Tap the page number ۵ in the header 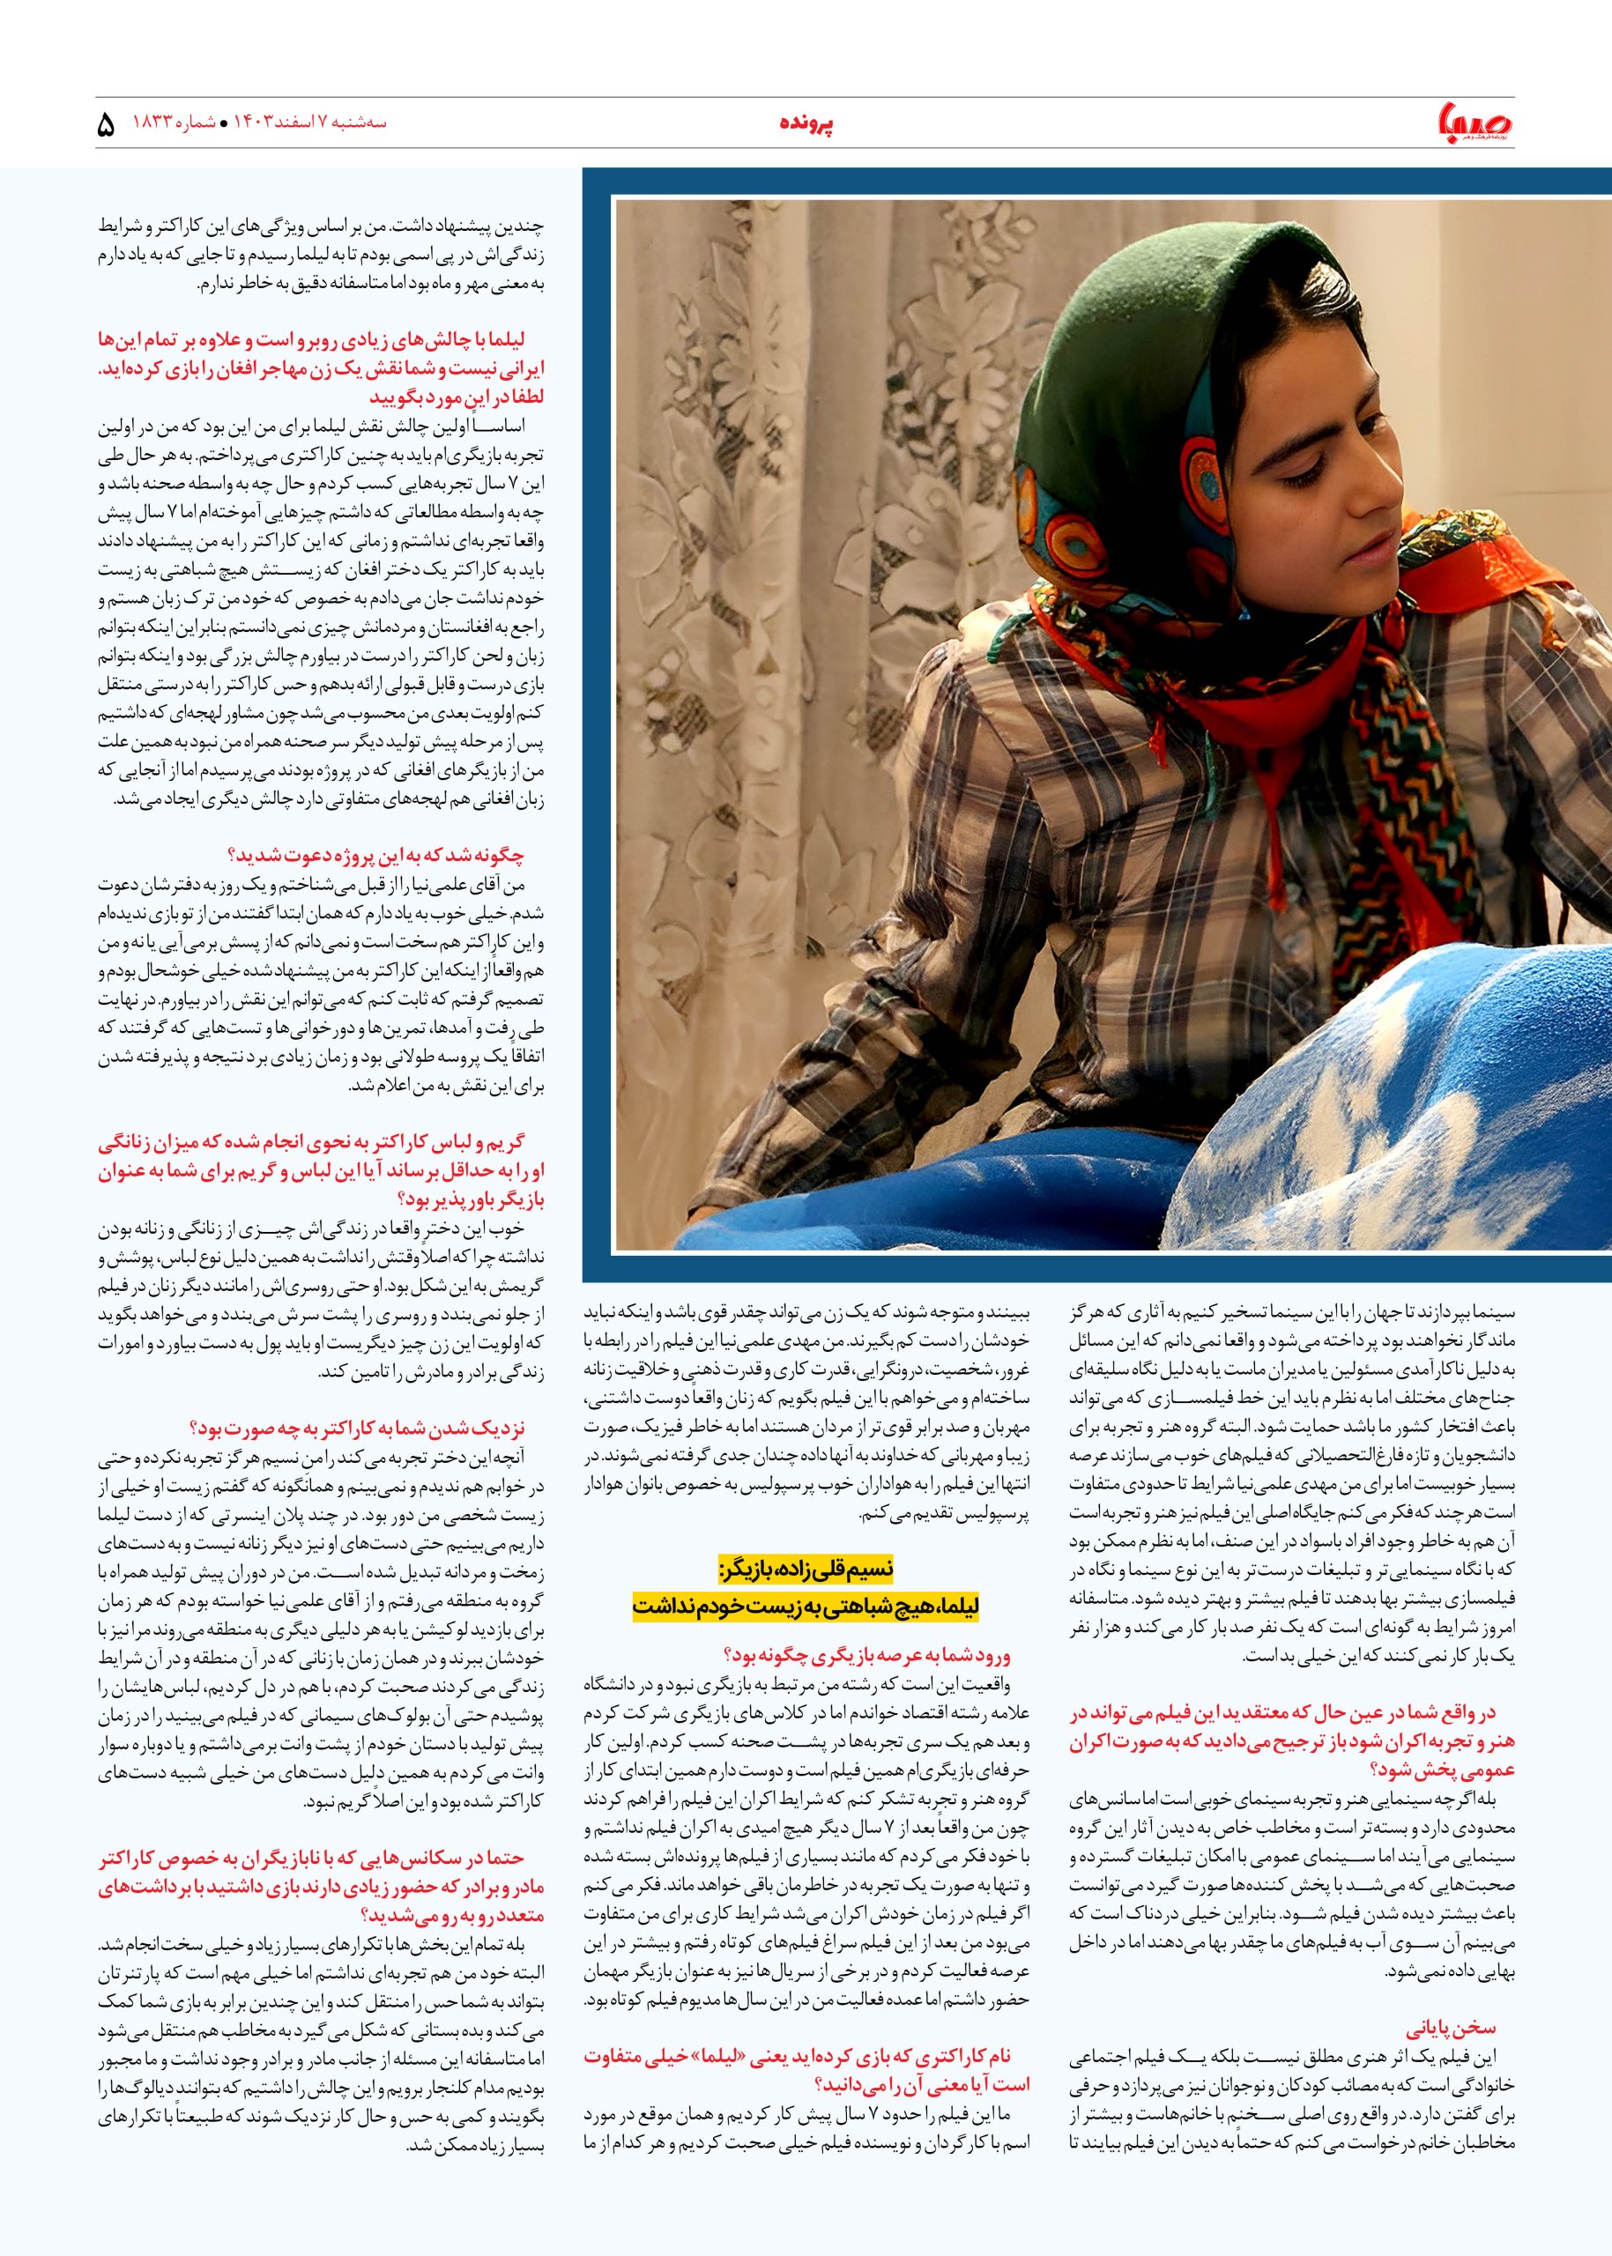click(x=108, y=127)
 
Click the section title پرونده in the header click(x=805, y=124)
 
